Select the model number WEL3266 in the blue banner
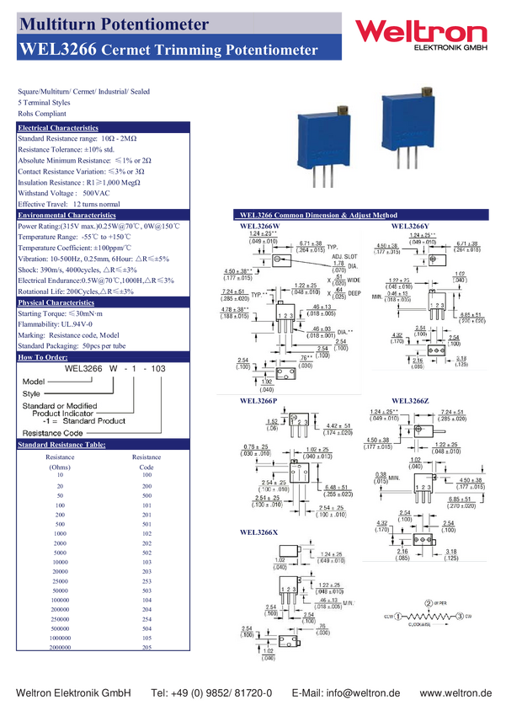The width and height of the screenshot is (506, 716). (56, 51)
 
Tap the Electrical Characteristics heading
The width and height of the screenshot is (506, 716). (58, 128)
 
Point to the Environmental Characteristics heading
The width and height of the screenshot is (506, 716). (67, 216)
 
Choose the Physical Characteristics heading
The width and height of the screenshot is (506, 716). (56, 302)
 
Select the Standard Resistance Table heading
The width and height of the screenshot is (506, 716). (61, 444)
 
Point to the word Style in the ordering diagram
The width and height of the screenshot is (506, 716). (31, 393)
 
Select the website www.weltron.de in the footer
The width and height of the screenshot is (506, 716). (455, 692)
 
